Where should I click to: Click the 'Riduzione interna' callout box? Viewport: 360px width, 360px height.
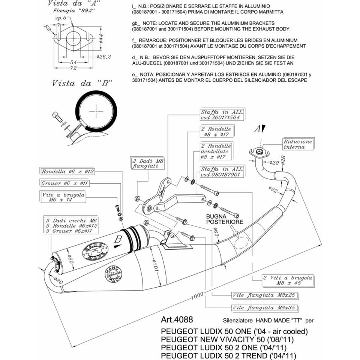tap(298, 144)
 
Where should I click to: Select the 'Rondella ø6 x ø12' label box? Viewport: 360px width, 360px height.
tap(67, 172)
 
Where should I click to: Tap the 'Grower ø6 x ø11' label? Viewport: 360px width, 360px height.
tap(64, 183)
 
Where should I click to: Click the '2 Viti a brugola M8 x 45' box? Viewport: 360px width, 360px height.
tap(282, 280)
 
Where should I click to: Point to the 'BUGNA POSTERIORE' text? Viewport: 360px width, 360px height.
tap(224, 219)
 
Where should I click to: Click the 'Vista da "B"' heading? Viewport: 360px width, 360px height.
tap(82, 83)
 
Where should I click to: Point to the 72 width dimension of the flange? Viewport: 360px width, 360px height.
tap(73, 68)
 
